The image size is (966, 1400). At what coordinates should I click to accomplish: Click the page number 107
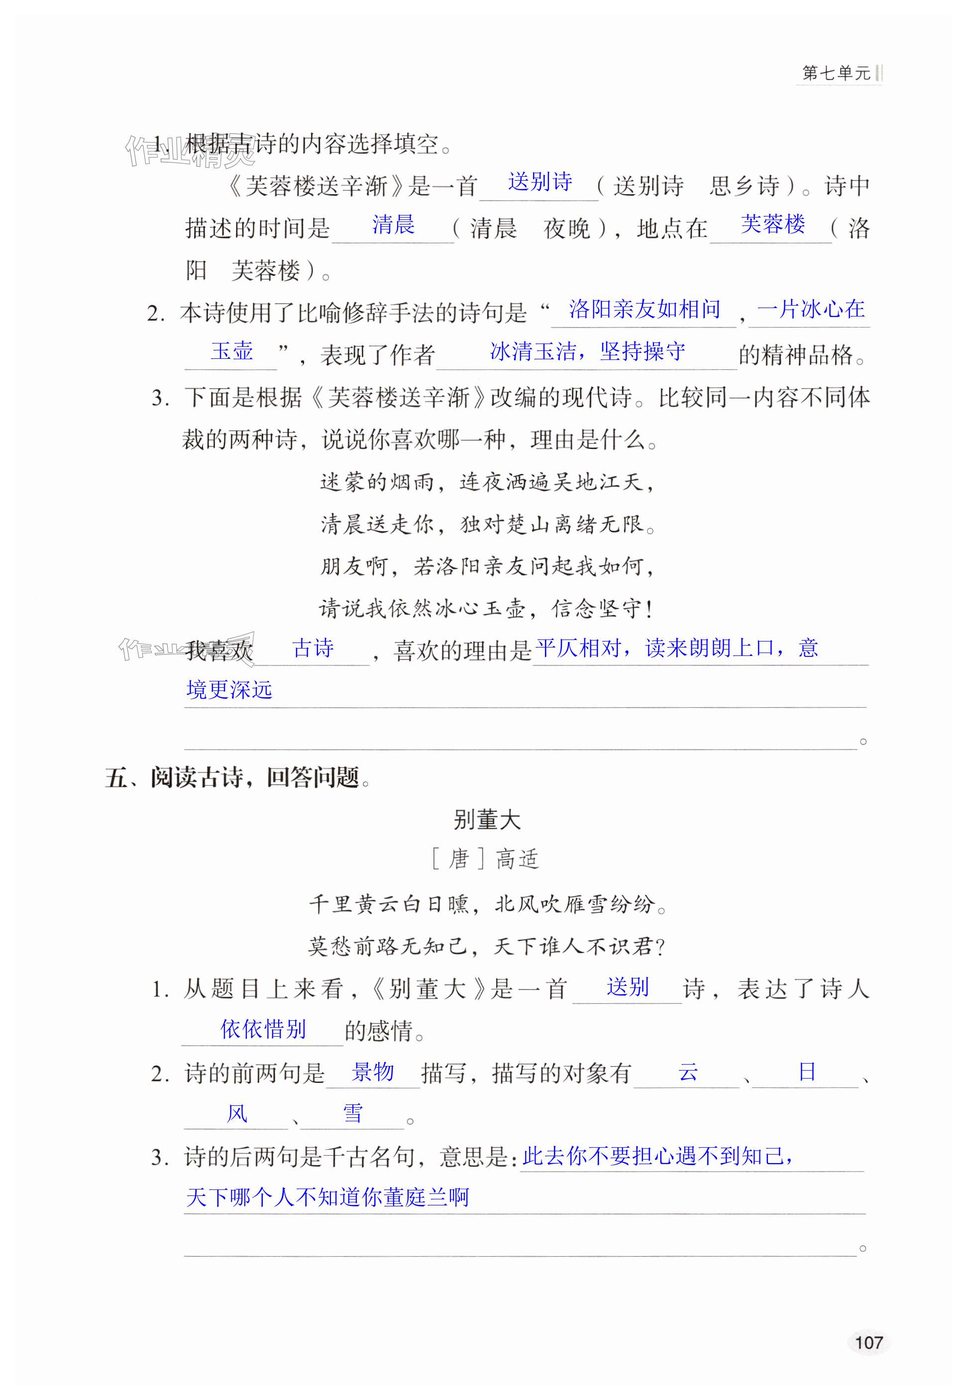coord(868,1342)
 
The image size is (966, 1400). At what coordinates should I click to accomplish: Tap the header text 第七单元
coord(836,73)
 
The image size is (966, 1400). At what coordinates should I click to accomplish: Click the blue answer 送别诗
coord(540,182)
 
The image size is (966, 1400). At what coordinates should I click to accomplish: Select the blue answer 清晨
coord(394,224)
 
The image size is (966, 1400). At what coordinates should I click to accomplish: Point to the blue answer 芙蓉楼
coord(773,224)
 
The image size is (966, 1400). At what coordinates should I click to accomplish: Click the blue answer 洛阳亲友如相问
coord(644,309)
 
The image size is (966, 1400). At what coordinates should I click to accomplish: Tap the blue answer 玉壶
coord(232,351)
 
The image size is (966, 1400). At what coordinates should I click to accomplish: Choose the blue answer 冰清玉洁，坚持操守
coord(587,351)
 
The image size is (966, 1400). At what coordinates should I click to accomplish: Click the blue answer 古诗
coord(313,648)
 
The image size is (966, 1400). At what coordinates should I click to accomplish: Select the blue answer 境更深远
coord(229,689)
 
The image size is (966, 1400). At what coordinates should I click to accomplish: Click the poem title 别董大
coord(487,820)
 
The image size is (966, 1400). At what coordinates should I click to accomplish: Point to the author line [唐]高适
coord(485,859)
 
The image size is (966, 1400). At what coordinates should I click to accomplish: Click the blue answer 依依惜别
coord(263,1029)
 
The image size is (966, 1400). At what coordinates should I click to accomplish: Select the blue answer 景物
coord(373,1072)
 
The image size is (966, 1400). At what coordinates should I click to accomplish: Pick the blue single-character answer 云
coord(688,1072)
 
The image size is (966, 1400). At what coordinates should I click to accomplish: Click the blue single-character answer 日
coord(807,1072)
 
